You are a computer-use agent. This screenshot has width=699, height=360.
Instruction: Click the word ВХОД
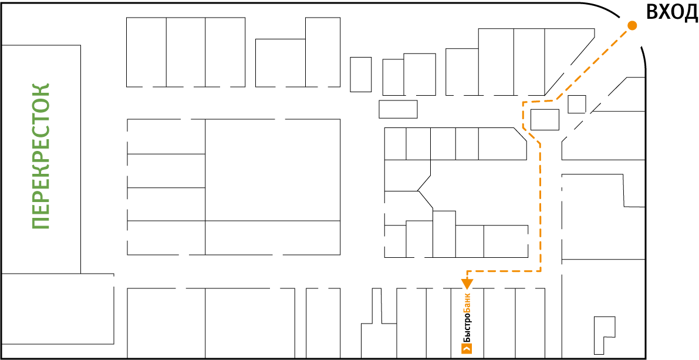671,12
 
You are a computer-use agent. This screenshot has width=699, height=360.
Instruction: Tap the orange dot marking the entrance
632,26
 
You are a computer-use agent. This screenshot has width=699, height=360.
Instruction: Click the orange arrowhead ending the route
467,283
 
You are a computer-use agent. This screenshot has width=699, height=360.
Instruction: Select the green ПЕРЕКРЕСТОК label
41,156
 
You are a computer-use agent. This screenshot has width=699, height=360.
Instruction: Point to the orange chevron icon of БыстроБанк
467,349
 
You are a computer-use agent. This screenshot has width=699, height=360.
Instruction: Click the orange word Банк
467,305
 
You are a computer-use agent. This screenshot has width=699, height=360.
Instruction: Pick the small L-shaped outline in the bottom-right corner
605,335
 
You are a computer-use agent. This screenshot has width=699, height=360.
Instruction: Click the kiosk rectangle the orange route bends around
545,120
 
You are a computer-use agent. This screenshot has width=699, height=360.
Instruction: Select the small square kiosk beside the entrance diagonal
576,105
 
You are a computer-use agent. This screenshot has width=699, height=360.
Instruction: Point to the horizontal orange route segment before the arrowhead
504,271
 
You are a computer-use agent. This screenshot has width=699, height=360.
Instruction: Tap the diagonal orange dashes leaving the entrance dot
595,63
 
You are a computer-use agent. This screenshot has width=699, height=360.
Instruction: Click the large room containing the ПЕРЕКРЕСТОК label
41,159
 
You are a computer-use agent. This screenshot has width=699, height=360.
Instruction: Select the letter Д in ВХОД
691,14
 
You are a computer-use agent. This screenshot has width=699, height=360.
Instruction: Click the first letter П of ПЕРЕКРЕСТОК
41,223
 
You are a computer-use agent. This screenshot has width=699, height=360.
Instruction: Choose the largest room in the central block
272,170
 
